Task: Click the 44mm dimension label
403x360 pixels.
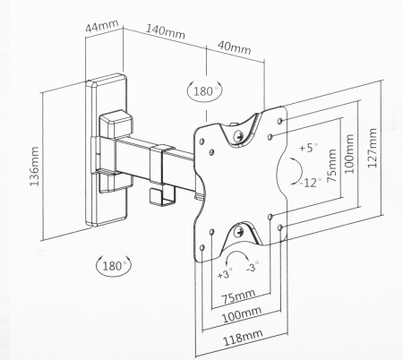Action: pyautogui.click(x=102, y=26)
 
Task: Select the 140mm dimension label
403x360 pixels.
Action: pyautogui.click(x=166, y=31)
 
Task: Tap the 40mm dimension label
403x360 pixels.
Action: pyautogui.click(x=235, y=47)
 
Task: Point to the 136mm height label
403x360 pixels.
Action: pyautogui.click(x=35, y=166)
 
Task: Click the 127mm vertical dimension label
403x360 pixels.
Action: pyautogui.click(x=372, y=148)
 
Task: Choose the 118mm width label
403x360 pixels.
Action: pyautogui.click(x=244, y=337)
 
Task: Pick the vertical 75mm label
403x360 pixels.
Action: pyautogui.click(x=331, y=166)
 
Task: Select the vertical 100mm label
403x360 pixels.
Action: pyautogui.click(x=349, y=154)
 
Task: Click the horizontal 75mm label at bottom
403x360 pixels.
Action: pyautogui.click(x=238, y=296)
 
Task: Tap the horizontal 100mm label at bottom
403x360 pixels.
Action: pyautogui.click(x=242, y=315)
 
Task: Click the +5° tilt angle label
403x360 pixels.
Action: pyautogui.click(x=309, y=148)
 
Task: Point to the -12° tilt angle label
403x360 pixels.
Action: pyautogui.click(x=311, y=182)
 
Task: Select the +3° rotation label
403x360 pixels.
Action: pyautogui.click(x=225, y=273)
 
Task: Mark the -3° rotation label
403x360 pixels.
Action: pyautogui.click(x=253, y=266)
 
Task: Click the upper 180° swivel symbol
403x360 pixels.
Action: pyautogui.click(x=205, y=90)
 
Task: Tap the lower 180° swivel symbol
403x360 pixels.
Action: pyautogui.click(x=114, y=265)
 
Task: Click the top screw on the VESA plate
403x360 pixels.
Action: pyautogui.click(x=239, y=136)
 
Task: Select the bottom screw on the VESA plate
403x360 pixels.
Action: pyautogui.click(x=239, y=231)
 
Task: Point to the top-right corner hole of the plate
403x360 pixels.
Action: pyautogui.click(x=280, y=121)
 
